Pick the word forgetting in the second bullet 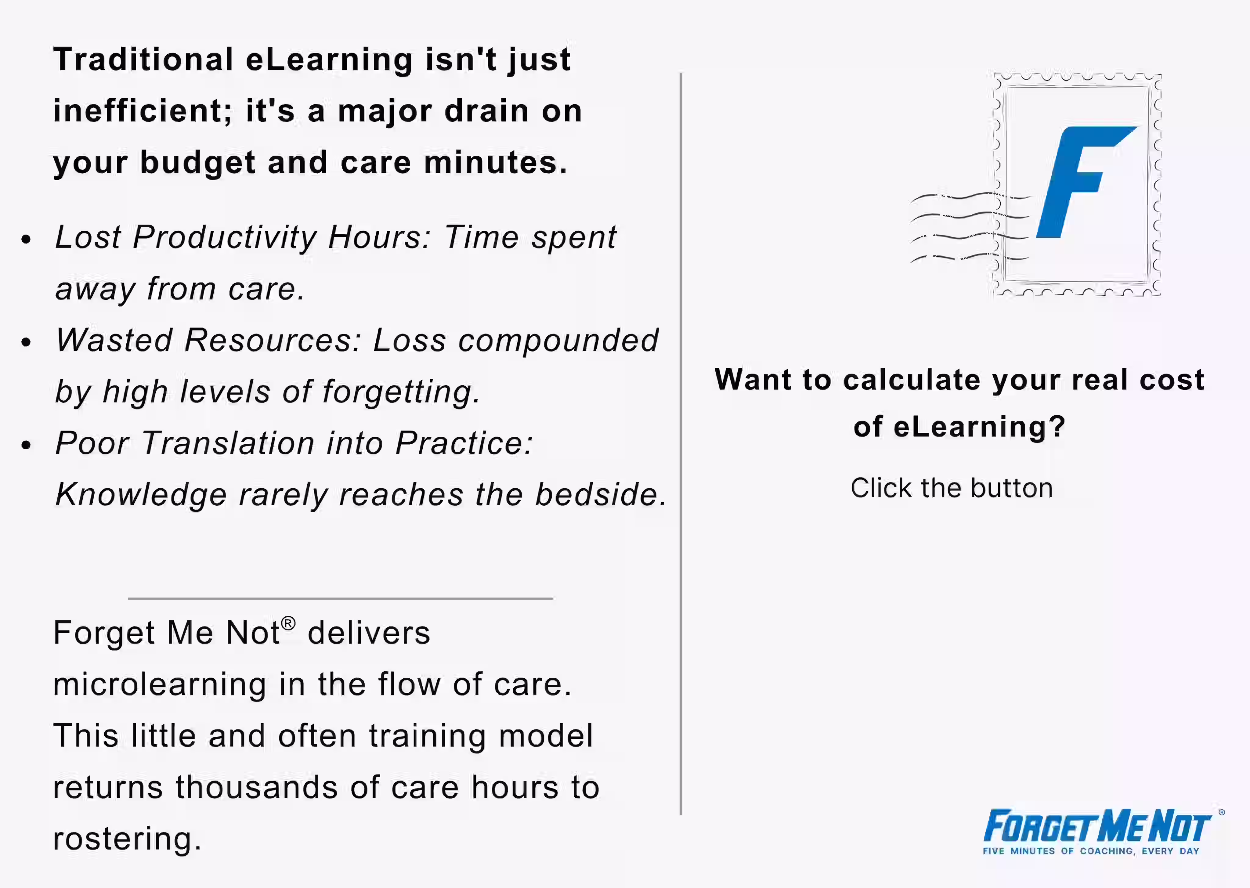(401, 392)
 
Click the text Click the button (952, 488)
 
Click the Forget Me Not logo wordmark (1096, 827)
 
